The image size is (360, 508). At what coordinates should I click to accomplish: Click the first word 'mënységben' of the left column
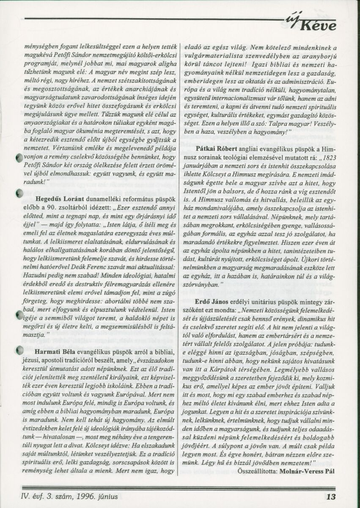(x=37, y=47)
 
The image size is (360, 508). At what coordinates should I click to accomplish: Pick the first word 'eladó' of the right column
(x=194, y=47)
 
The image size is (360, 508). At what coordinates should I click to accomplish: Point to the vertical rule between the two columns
(x=180, y=254)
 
